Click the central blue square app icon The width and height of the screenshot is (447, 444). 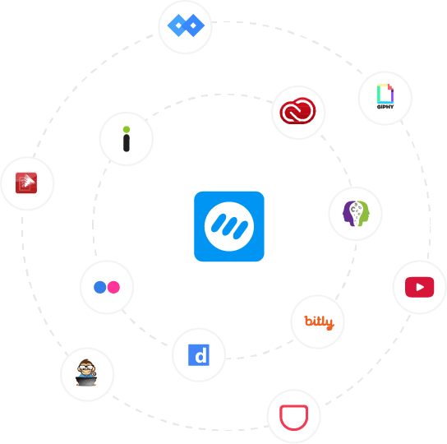[x=229, y=226]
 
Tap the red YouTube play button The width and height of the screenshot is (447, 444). [x=419, y=287]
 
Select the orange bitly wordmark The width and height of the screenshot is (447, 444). [x=320, y=322]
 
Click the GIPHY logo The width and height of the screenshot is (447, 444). [x=385, y=96]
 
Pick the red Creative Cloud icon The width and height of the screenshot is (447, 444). [x=297, y=111]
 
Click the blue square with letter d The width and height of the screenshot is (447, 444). [x=199, y=355]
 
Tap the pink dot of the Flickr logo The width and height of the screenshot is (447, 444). [x=113, y=287]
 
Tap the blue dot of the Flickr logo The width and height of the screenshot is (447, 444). [x=100, y=287]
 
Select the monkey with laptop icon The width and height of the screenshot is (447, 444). [x=86, y=372]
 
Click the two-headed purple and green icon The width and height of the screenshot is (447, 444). [x=356, y=214]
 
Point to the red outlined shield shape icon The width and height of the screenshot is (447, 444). [x=293, y=418]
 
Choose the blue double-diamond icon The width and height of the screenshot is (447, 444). [x=186, y=25]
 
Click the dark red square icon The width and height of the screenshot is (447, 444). [x=26, y=183]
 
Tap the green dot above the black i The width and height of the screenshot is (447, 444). [x=127, y=130]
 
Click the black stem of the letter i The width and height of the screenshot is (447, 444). [x=127, y=143]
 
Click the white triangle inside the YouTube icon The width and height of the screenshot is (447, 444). [x=420, y=287]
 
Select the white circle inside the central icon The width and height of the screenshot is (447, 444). [x=229, y=226]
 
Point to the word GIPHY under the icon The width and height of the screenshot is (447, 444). [x=385, y=107]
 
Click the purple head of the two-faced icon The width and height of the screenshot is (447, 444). [x=348, y=214]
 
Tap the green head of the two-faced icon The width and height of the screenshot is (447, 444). [x=363, y=213]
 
